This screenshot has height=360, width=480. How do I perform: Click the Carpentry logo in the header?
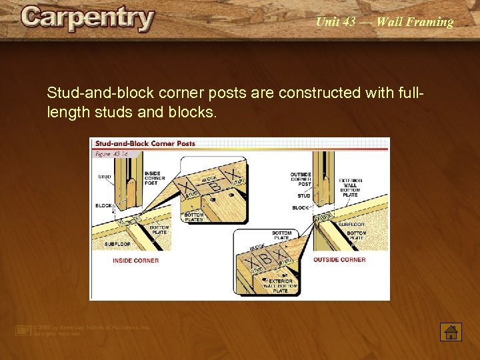coord(87,19)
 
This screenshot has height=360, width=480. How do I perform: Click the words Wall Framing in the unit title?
coord(415,22)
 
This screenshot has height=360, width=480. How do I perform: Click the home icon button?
coord(451,331)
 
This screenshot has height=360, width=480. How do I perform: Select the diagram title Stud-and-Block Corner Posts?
coord(145,143)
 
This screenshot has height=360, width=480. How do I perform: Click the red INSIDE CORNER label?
coord(136,260)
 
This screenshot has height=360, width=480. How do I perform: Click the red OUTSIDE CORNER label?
coord(339,259)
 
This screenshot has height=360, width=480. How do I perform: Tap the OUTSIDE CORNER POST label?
coord(301,179)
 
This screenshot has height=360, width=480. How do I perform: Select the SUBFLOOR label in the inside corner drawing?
coord(117,244)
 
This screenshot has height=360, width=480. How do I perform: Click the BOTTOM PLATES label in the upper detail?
coord(194,217)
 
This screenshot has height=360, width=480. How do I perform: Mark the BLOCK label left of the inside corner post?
coord(103,206)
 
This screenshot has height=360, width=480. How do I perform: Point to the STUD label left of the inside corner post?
coord(105,177)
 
